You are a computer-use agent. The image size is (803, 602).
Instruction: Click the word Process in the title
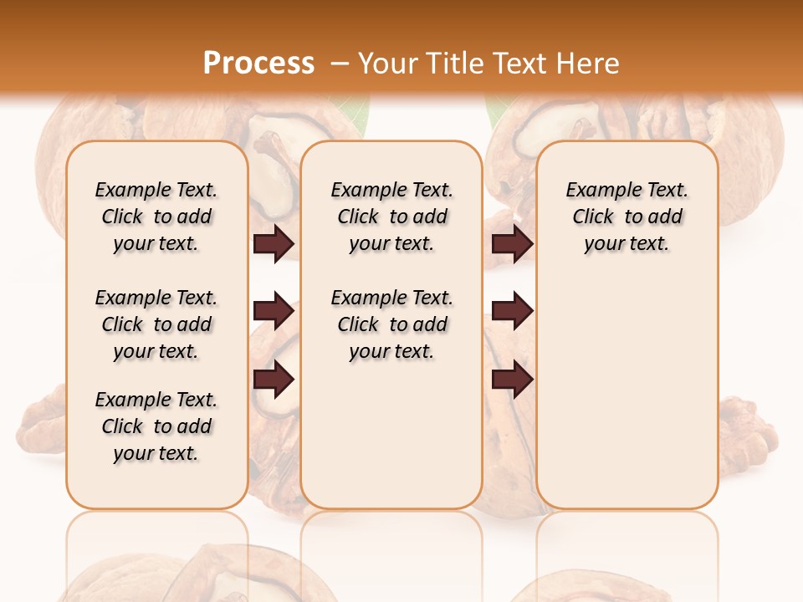click(x=258, y=63)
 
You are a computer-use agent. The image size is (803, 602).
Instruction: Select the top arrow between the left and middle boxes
click(x=274, y=244)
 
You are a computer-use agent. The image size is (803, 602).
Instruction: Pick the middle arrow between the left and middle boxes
click(x=274, y=312)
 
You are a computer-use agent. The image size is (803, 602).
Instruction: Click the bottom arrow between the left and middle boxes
click(x=274, y=379)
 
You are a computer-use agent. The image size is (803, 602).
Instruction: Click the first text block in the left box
click(x=156, y=217)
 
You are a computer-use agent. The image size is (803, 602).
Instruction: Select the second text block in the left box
click(x=156, y=324)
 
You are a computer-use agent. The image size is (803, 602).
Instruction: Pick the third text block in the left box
click(x=156, y=426)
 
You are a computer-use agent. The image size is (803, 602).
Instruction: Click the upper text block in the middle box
click(x=391, y=217)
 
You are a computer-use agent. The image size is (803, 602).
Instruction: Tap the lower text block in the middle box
click(x=391, y=324)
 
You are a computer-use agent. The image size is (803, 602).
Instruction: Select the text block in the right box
click(x=627, y=217)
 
